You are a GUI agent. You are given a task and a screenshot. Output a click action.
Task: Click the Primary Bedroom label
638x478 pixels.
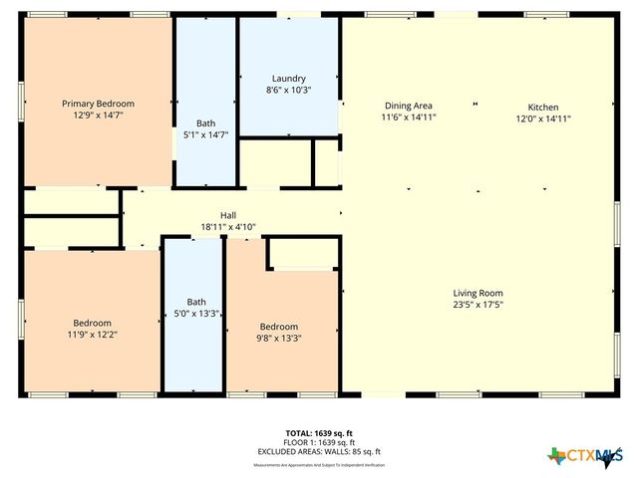[x=98, y=104]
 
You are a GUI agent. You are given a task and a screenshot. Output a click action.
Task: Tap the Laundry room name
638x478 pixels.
[x=289, y=79]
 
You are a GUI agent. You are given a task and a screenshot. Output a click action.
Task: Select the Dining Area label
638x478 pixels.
[x=409, y=106]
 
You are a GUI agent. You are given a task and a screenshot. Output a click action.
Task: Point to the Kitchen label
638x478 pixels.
[x=543, y=107]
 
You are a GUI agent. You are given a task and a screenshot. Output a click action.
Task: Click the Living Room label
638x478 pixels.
[x=478, y=293]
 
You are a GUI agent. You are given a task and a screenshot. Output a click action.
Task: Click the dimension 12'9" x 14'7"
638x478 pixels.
[x=98, y=116]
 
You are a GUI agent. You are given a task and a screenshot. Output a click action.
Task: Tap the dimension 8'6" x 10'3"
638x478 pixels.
[x=289, y=90]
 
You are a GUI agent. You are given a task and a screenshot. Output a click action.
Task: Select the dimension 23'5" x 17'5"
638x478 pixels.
[x=478, y=305]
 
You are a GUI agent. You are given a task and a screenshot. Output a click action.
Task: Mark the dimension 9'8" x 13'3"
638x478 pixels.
[x=279, y=339]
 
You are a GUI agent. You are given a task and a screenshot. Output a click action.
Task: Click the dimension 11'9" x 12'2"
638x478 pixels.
[x=92, y=335]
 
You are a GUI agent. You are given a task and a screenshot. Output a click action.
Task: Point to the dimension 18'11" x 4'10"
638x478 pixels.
[x=228, y=227]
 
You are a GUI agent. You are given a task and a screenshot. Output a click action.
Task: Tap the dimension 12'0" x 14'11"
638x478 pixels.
[x=543, y=119]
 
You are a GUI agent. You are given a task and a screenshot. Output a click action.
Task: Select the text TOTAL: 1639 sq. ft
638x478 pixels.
[x=318, y=432]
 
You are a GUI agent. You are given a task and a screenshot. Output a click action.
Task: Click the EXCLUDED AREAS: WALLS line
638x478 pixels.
[x=318, y=452]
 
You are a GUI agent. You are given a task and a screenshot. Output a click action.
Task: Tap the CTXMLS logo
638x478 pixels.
[x=582, y=456]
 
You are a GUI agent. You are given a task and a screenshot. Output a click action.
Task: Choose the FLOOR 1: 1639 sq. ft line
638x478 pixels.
[x=318, y=442]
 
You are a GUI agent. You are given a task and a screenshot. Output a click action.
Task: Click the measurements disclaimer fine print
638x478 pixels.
[x=318, y=464]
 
